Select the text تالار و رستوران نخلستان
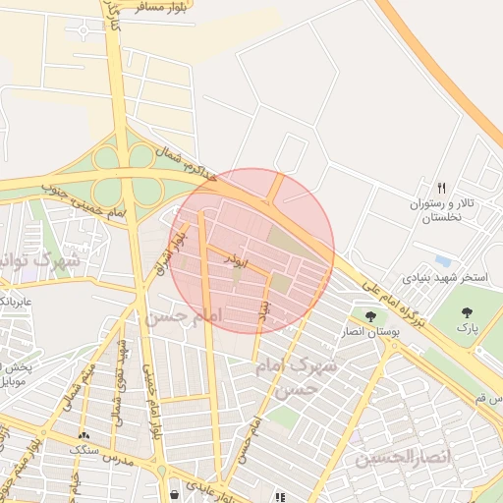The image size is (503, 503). click(445, 210)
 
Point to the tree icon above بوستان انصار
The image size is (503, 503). click(370, 316)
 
